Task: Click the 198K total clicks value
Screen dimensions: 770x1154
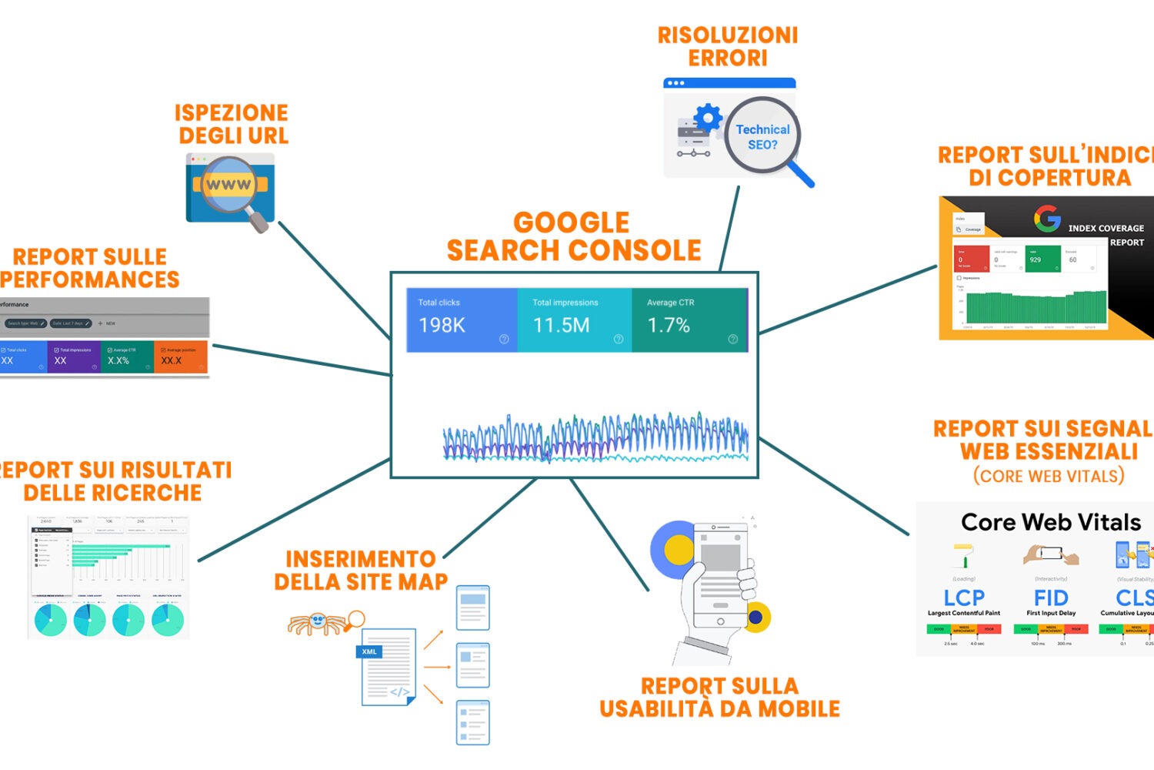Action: click(x=442, y=326)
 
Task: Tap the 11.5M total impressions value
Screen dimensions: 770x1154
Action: click(x=561, y=326)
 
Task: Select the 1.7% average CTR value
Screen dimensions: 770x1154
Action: click(x=668, y=326)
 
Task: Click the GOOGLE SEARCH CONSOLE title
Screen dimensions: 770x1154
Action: click(x=573, y=236)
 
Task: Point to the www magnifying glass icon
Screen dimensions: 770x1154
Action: click(x=229, y=185)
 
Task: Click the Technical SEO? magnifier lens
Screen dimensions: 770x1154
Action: click(x=762, y=136)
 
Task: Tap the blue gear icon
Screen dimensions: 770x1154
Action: click(x=708, y=118)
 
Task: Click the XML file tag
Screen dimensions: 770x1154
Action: click(x=369, y=651)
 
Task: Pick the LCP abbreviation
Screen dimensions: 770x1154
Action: click(x=964, y=598)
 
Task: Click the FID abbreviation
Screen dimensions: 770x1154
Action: click(x=1051, y=598)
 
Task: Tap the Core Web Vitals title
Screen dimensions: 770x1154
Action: click(x=1051, y=522)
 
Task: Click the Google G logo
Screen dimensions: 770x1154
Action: click(x=1047, y=219)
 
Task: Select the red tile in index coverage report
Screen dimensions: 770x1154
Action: click(x=971, y=259)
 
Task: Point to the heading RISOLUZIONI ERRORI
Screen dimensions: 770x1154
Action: click(x=728, y=46)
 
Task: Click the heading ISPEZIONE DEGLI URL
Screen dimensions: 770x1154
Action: click(x=232, y=124)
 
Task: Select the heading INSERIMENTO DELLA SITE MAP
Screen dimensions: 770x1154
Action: click(x=360, y=570)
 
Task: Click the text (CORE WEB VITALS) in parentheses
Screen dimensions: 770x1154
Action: click(x=1049, y=476)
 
